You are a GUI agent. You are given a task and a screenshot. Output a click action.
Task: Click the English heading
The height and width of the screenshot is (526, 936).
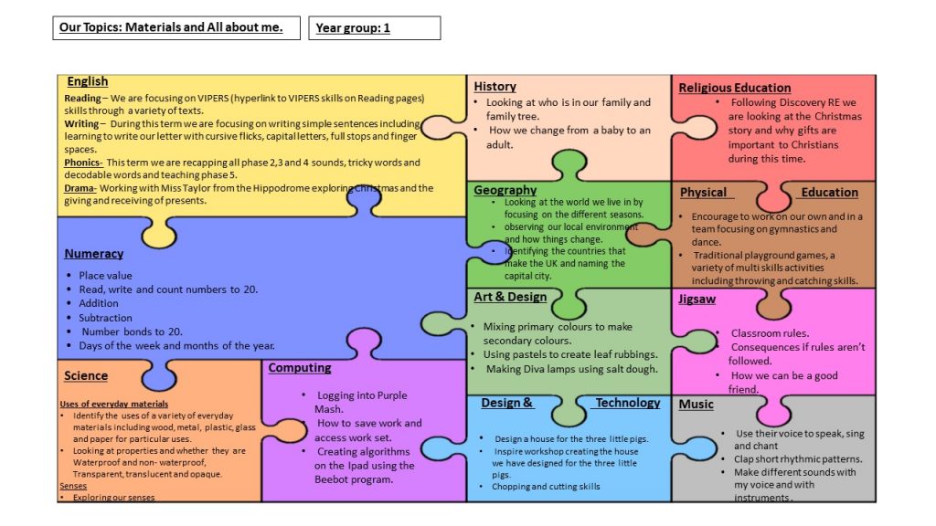[87, 81]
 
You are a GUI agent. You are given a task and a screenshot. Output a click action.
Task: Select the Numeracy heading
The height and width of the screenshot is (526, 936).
[93, 254]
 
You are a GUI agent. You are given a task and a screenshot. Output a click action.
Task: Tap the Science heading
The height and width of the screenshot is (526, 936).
[86, 375]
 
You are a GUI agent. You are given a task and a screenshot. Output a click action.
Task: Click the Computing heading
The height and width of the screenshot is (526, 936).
[300, 368]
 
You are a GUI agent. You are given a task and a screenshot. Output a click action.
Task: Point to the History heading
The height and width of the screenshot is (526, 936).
[495, 86]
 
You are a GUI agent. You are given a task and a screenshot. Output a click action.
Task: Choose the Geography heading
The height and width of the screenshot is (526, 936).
[505, 190]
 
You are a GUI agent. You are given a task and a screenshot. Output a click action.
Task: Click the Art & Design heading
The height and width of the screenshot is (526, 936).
[510, 297]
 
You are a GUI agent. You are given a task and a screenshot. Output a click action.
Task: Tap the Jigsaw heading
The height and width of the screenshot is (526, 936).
[697, 299]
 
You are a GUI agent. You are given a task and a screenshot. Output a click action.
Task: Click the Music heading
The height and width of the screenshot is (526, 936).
[696, 404]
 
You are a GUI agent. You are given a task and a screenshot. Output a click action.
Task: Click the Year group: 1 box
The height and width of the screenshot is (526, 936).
[374, 28]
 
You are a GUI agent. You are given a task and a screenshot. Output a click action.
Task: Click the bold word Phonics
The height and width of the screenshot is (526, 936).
[83, 163]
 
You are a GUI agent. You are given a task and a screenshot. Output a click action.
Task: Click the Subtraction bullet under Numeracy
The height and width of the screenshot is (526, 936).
[105, 318]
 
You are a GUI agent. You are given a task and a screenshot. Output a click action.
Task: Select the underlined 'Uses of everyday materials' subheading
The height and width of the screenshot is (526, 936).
[113, 404]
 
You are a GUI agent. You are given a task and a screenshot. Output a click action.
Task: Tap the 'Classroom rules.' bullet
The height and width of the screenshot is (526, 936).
[770, 333]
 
